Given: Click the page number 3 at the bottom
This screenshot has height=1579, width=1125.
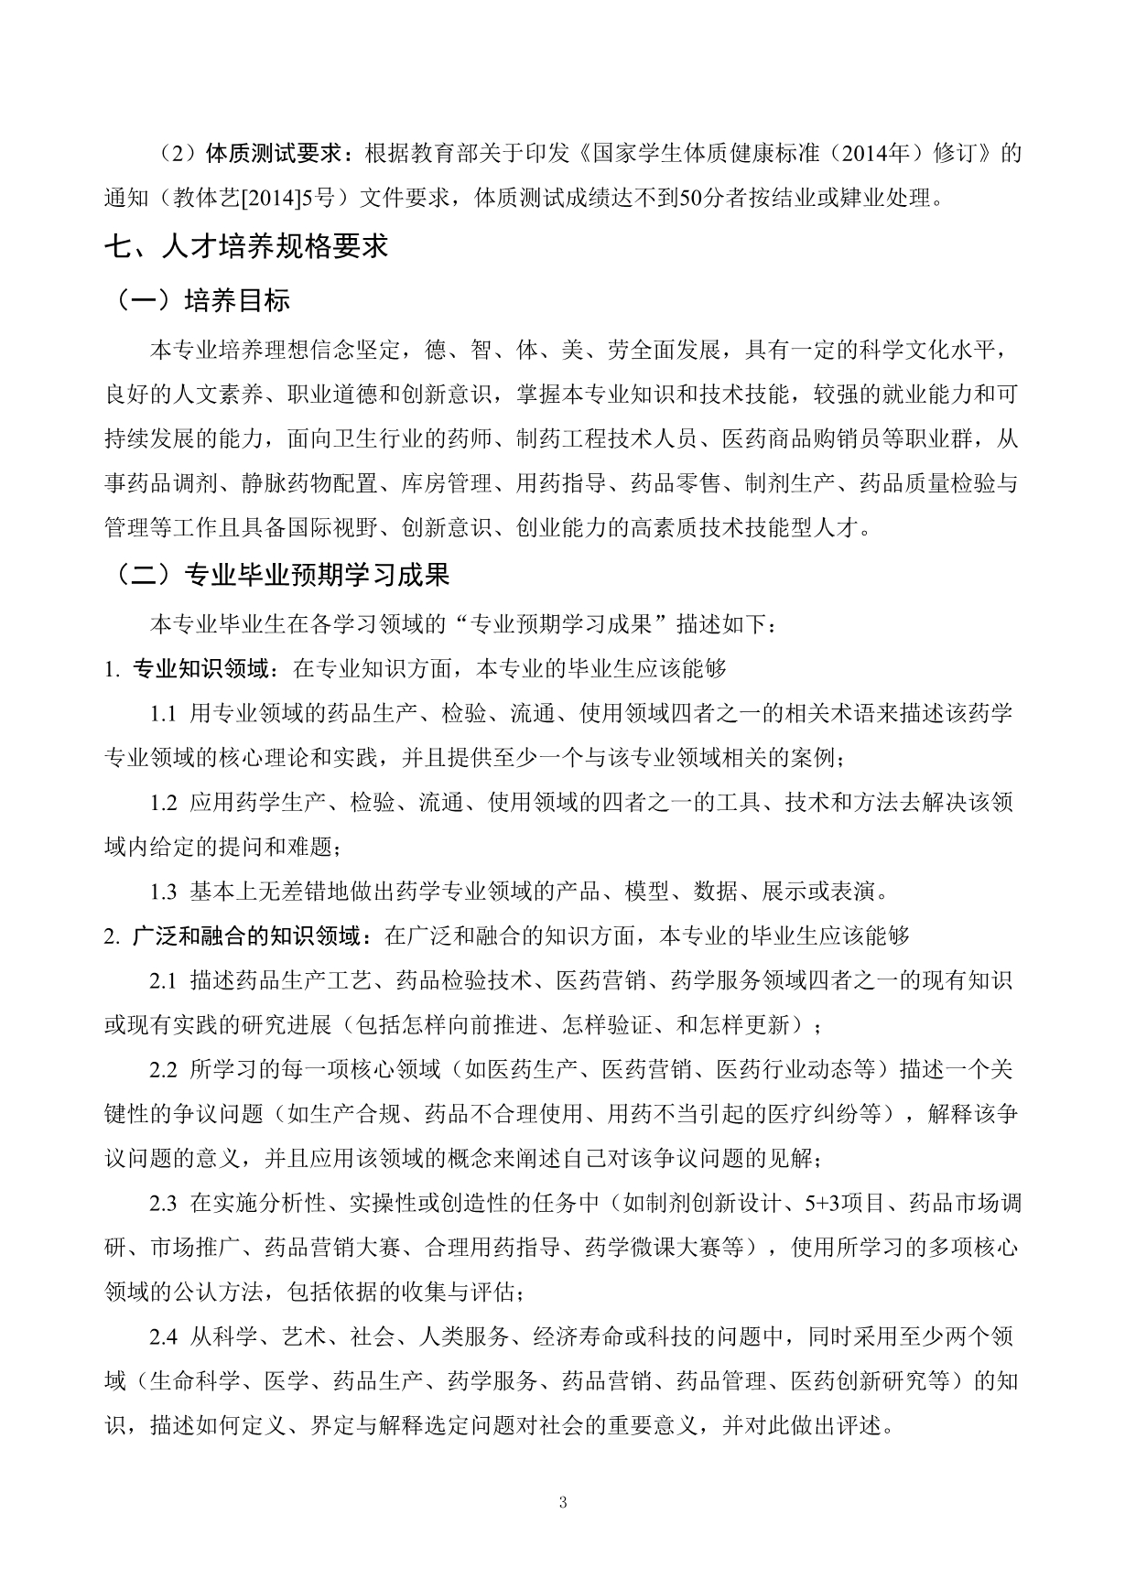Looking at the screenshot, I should (562, 1502).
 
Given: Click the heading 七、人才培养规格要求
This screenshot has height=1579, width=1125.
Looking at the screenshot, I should (246, 245).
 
